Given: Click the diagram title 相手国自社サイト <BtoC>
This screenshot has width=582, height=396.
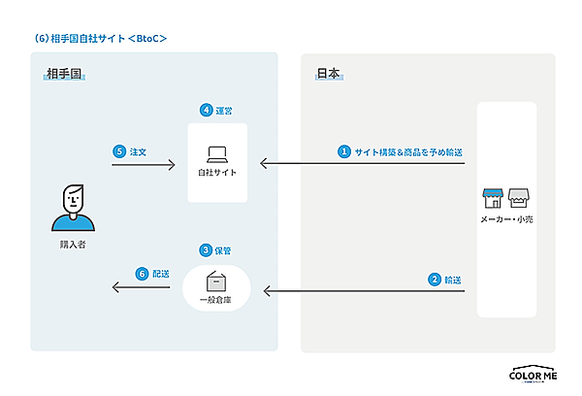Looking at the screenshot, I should [x=101, y=38].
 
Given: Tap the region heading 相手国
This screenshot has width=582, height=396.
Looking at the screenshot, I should [x=64, y=74].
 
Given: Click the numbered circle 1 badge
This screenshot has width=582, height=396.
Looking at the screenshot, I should [x=342, y=151].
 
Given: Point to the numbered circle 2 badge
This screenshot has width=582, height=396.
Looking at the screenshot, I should [x=435, y=280].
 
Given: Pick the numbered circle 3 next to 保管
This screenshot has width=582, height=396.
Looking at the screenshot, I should [x=206, y=250].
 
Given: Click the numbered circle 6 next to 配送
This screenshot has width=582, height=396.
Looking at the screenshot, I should [x=142, y=275].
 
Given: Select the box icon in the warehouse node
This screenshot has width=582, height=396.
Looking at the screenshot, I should [x=217, y=281].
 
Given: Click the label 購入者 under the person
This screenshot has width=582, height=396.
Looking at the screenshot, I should [x=73, y=246].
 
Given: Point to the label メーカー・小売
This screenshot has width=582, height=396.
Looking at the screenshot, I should [x=506, y=220].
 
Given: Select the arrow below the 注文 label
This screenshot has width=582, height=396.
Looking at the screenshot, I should [x=143, y=165].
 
